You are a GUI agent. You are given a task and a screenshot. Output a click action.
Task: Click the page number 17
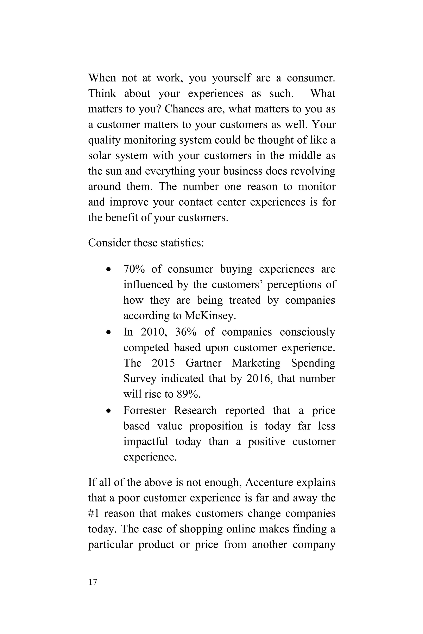click(x=93, y=582)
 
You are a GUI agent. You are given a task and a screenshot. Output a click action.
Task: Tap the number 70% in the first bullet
click(x=134, y=269)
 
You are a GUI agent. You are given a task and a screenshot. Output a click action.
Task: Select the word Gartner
click(x=203, y=363)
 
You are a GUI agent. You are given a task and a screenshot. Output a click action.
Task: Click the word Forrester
click(x=144, y=410)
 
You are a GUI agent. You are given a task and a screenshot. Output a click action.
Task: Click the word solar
click(x=99, y=156)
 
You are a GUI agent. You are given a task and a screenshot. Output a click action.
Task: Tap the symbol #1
click(x=93, y=513)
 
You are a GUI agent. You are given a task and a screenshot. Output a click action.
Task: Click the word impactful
click(x=146, y=441)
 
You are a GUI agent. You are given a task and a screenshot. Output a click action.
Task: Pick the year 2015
click(x=163, y=363)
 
